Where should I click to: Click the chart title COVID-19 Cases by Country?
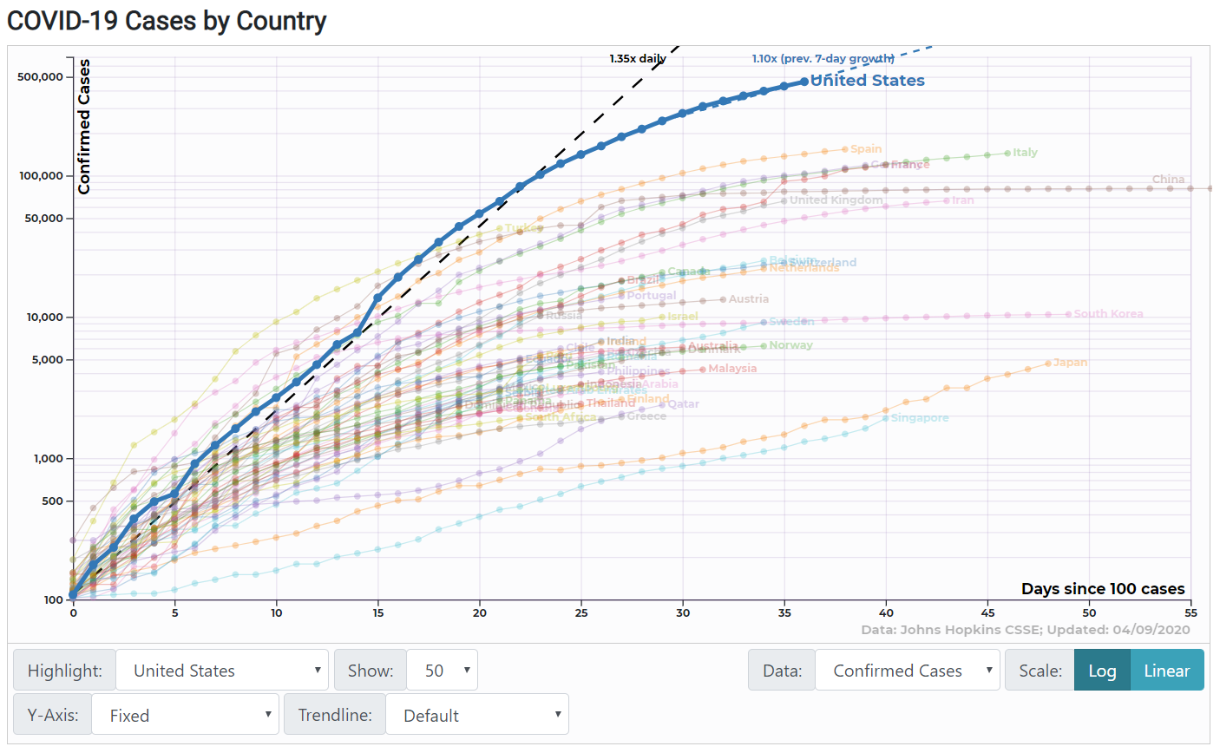pyautogui.click(x=167, y=21)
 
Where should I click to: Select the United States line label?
pyautogui.click(x=867, y=81)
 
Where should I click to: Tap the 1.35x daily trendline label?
pyautogui.click(x=637, y=59)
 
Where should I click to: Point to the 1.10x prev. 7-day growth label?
pyautogui.click(x=823, y=59)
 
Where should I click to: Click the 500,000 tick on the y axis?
pyautogui.click(x=40, y=77)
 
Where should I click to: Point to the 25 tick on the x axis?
pyautogui.click(x=581, y=612)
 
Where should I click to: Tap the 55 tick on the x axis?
pyautogui.click(x=1190, y=612)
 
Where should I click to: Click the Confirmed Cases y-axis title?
pyautogui.click(x=84, y=127)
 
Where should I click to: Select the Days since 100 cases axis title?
pyautogui.click(x=1102, y=589)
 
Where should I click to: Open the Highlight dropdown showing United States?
pyautogui.click(x=222, y=671)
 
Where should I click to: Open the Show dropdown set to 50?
pyautogui.click(x=442, y=671)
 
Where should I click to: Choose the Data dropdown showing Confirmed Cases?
pyautogui.click(x=907, y=671)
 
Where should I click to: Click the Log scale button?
pyautogui.click(x=1102, y=671)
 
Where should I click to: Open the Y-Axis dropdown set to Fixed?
pyautogui.click(x=185, y=715)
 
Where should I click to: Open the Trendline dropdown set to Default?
pyautogui.click(x=476, y=715)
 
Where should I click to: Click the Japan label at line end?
pyautogui.click(x=1070, y=363)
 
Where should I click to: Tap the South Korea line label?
pyautogui.click(x=1108, y=314)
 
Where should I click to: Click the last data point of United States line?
pyautogui.click(x=804, y=82)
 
